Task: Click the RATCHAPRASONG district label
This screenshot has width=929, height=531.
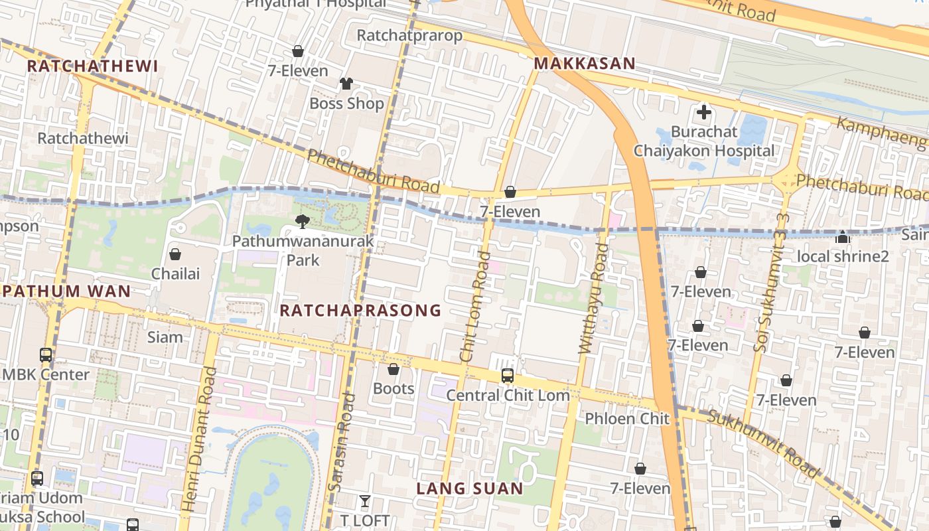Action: [x=360, y=310]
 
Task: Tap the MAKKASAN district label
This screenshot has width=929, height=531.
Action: [x=585, y=64]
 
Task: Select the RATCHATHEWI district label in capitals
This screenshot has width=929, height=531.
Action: [x=92, y=66]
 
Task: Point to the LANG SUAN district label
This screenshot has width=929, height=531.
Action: [x=470, y=489]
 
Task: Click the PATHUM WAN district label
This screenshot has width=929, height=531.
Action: [x=66, y=291]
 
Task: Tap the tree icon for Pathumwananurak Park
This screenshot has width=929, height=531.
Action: [x=303, y=221]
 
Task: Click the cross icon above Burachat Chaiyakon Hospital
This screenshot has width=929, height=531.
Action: [x=703, y=112]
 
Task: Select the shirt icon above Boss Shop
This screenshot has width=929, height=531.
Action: [x=346, y=84]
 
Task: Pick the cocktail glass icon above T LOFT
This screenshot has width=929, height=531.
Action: [x=364, y=500]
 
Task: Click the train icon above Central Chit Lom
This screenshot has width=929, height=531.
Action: [x=508, y=376]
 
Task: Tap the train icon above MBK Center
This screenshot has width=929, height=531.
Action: [x=46, y=354]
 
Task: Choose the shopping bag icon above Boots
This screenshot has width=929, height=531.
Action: [x=393, y=369]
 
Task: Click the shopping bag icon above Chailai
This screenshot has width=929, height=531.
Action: [x=175, y=254]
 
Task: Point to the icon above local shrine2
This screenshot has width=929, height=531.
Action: [x=843, y=236]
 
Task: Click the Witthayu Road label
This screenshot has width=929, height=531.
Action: [x=593, y=298]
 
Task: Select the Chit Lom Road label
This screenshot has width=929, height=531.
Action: [x=476, y=307]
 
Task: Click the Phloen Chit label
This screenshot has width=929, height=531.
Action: [x=627, y=419]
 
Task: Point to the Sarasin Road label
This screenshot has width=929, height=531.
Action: [x=342, y=443]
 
